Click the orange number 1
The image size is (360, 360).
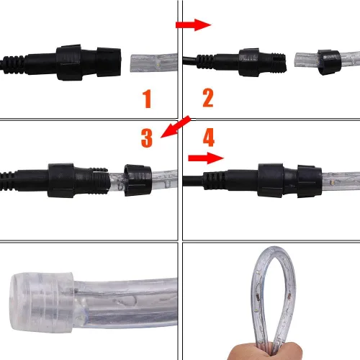(147, 98)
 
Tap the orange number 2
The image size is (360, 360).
(208, 98)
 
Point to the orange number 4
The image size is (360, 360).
(208, 137)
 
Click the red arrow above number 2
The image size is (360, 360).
(193, 25)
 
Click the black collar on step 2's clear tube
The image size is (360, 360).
(328, 59)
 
